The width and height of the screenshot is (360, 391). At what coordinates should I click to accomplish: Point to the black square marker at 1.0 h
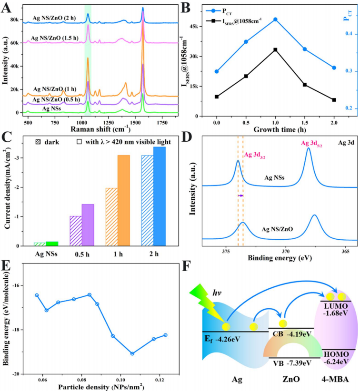point(275,49)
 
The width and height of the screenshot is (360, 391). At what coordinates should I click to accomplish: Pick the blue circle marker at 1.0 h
point(275,20)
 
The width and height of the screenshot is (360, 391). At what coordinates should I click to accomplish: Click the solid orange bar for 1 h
point(123,200)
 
